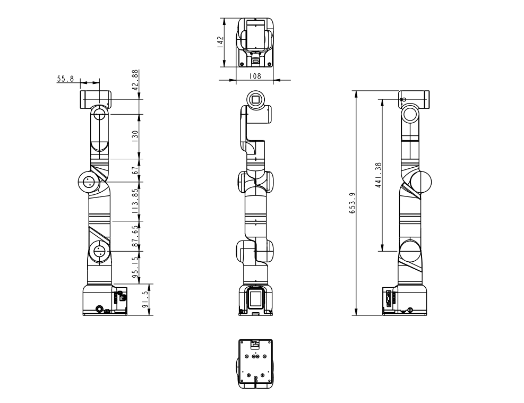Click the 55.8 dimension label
click(x=65, y=79)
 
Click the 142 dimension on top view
click(x=219, y=43)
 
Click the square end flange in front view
click(x=255, y=99)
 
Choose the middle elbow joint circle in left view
click(x=88, y=182)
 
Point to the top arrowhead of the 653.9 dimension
click(x=356, y=93)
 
